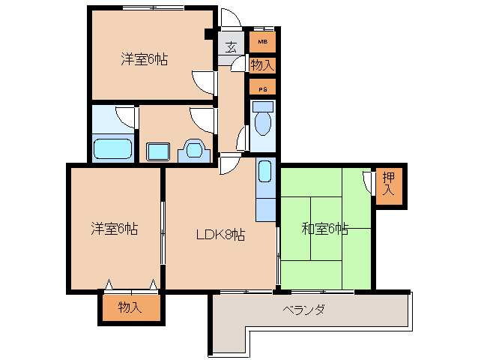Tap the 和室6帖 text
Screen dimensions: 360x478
pos(324,228)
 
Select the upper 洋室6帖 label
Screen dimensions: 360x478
pos(144,59)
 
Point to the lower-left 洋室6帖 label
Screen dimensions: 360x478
pos(115,227)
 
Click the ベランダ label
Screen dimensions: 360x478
pos(303,310)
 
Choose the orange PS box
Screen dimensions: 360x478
pos(262,88)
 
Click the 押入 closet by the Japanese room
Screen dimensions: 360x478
pos(388,184)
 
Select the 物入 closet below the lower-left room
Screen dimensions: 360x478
pos(130,307)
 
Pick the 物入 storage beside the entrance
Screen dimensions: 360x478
pos(262,65)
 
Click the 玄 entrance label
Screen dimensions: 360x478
pos(231,46)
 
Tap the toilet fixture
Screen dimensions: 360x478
pos(262,120)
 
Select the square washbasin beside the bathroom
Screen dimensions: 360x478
pos(158,150)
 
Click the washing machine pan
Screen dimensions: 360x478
pos(194,151)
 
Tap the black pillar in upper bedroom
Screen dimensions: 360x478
pos(209,34)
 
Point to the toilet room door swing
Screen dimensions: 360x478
pos(242,139)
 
